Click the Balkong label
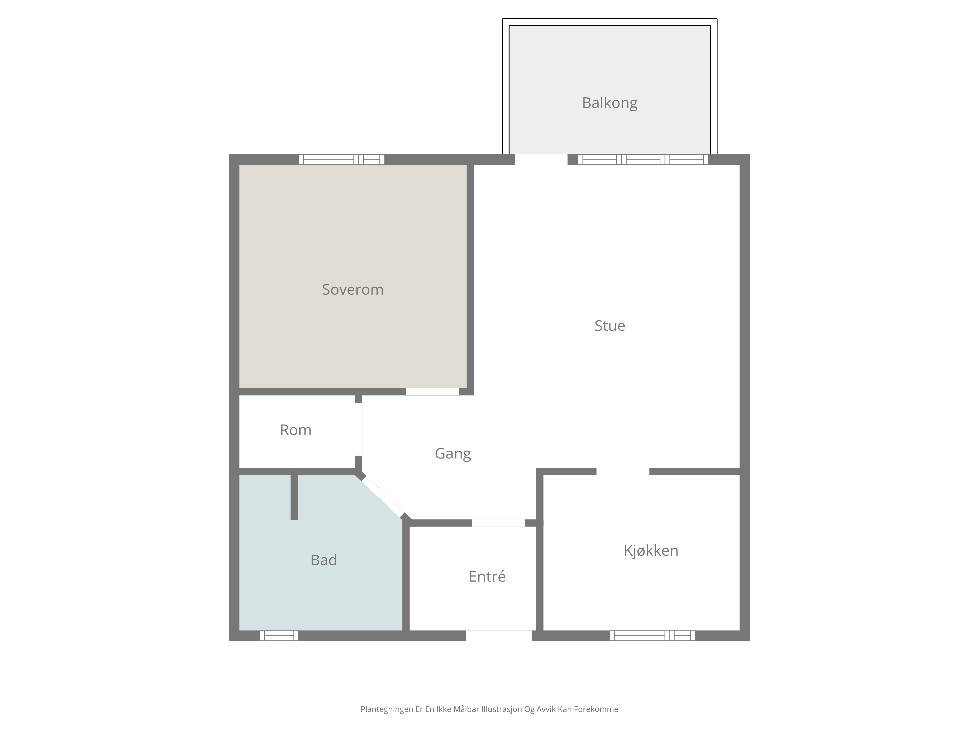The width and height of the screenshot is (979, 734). click(x=609, y=103)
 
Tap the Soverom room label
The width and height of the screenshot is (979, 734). click(x=353, y=289)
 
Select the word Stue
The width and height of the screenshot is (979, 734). click(x=609, y=326)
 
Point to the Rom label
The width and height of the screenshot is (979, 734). click(x=296, y=430)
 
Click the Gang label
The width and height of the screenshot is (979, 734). click(x=453, y=454)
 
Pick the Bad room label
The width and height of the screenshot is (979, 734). click(x=324, y=560)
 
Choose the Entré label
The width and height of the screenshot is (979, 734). click(x=487, y=576)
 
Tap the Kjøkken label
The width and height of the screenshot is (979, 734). click(x=651, y=550)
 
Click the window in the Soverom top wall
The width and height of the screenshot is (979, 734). click(x=342, y=160)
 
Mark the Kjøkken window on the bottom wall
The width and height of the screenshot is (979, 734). click(x=652, y=636)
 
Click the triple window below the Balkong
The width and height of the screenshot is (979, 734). click(x=643, y=160)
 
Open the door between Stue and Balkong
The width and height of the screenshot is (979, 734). click(x=541, y=160)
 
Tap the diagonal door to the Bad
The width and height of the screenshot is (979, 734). click(x=383, y=497)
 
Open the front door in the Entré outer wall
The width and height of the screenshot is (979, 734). click(x=499, y=636)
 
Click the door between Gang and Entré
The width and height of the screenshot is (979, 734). click(x=498, y=523)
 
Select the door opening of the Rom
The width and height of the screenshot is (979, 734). click(x=359, y=429)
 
